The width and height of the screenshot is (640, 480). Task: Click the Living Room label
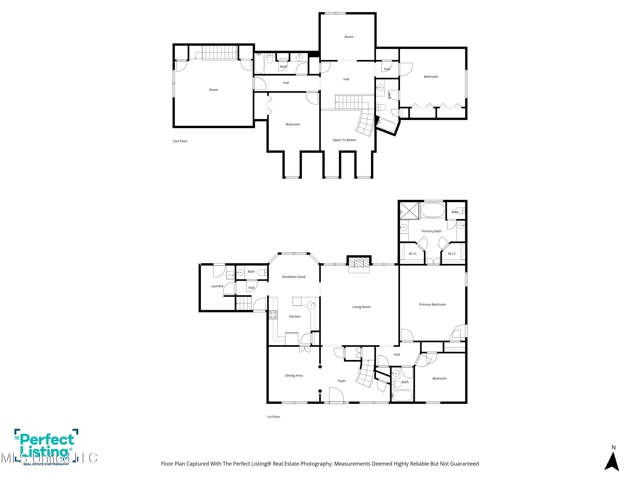click(361, 307)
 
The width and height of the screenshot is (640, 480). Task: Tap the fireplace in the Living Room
click(359, 264)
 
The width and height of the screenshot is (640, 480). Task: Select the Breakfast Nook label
click(294, 277)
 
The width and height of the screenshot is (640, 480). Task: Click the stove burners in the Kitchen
click(273, 315)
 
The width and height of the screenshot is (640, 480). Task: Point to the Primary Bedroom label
click(432, 304)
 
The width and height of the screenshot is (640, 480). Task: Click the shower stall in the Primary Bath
click(409, 211)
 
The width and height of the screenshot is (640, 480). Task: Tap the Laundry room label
click(217, 286)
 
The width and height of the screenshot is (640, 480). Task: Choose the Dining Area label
click(294, 375)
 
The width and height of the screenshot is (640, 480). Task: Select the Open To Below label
click(344, 140)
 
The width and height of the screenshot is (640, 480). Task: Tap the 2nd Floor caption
click(180, 141)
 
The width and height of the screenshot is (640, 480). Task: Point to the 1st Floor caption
click(273, 417)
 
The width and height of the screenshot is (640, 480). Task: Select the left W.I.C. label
click(413, 254)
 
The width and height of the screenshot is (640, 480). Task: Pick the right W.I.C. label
click(452, 254)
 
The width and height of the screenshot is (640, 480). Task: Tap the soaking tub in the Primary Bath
click(433, 210)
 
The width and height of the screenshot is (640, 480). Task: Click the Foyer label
click(342, 381)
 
